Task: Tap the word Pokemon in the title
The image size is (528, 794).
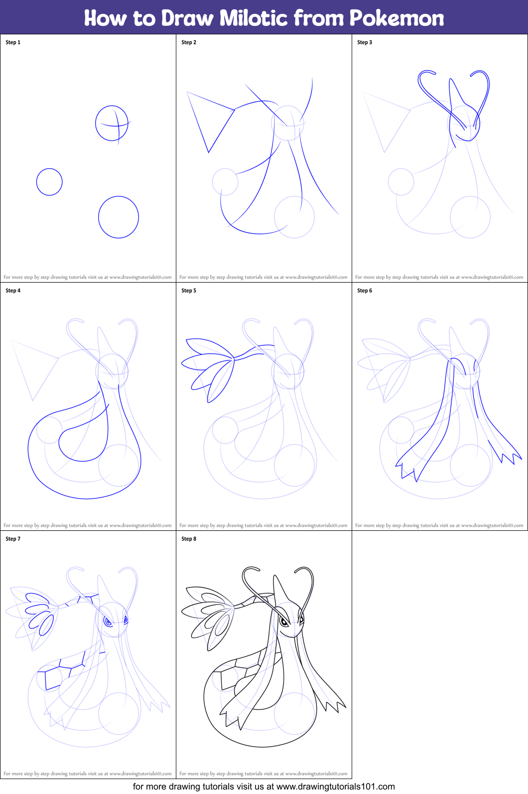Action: tap(396, 18)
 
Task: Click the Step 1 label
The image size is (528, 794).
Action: tap(13, 42)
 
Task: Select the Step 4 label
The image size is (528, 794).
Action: tap(13, 291)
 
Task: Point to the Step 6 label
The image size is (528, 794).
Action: tap(365, 291)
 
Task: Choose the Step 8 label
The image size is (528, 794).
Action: tap(189, 539)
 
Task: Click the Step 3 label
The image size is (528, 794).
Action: tap(365, 42)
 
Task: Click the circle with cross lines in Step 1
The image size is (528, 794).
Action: tap(112, 123)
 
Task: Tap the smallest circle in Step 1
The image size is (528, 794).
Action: tap(49, 182)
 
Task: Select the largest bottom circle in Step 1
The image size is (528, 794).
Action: tap(119, 217)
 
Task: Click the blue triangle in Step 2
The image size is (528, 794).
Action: tap(209, 119)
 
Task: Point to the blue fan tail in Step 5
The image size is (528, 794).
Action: tap(209, 368)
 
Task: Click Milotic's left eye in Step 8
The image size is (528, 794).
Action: tap(283, 621)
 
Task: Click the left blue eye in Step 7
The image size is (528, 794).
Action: tap(107, 621)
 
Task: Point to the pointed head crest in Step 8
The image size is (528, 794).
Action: tap(276, 587)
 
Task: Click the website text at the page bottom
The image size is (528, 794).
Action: tap(264, 787)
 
